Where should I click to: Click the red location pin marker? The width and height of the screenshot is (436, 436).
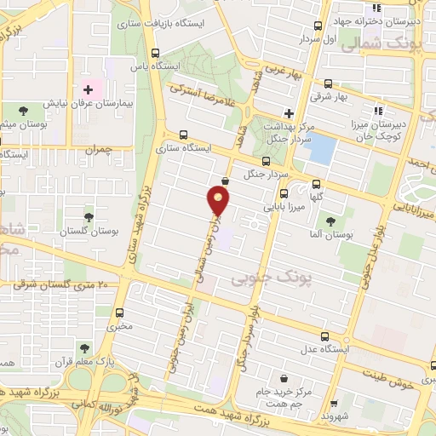219,202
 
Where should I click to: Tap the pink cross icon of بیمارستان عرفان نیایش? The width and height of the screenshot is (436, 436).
88,89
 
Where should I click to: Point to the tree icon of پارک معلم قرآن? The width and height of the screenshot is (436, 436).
84,347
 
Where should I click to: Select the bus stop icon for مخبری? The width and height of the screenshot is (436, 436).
119,312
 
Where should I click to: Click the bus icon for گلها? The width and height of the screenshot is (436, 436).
317,183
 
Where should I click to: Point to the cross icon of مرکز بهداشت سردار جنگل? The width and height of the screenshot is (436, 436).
289,113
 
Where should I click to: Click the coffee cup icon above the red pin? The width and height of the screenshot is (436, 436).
224,181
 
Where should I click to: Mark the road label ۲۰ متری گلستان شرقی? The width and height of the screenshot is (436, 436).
54,284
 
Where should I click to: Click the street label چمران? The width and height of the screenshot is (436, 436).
98,149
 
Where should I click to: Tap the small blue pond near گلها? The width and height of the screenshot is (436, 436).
320,149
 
